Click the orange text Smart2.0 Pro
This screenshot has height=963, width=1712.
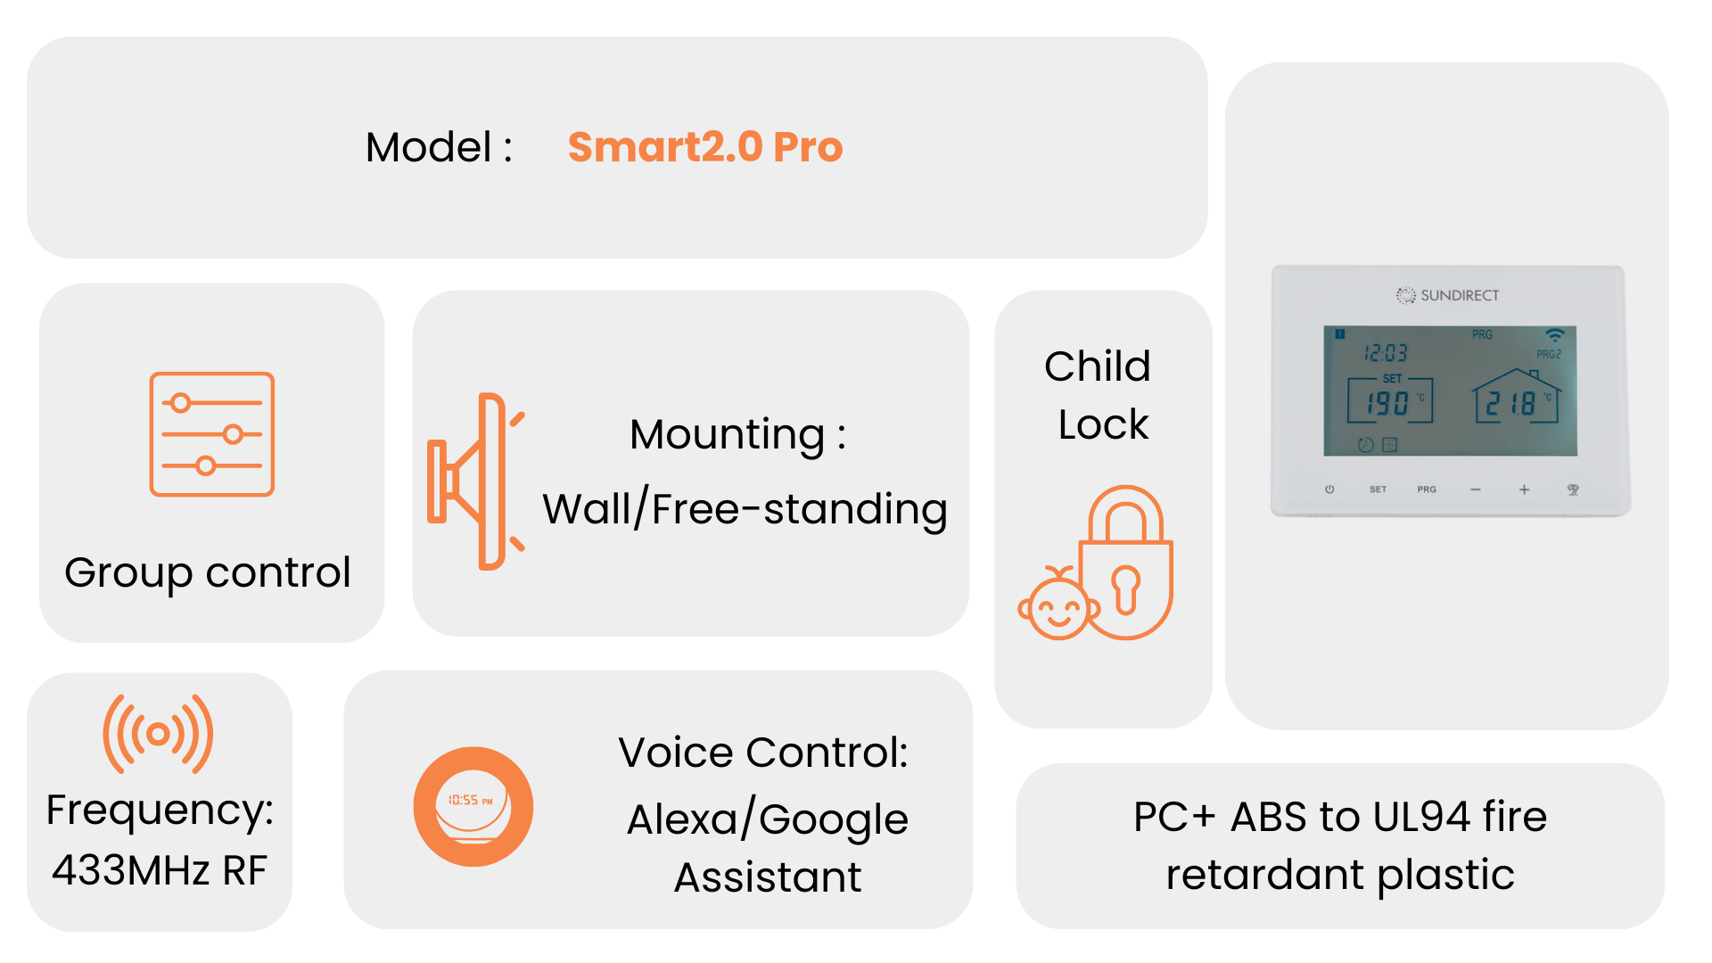click(705, 147)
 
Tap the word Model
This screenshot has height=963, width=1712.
click(429, 147)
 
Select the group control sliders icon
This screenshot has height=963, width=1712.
click(212, 434)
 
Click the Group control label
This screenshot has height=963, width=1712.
click(208, 573)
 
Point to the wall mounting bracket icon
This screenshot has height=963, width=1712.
click(476, 481)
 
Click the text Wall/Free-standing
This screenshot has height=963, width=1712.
click(745, 509)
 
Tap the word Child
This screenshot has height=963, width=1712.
click(1098, 366)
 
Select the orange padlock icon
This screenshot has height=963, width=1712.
click(1126, 562)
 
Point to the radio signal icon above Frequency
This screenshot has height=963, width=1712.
click(158, 734)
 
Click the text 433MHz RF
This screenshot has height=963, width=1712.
click(160, 870)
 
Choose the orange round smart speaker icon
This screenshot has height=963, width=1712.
click(473, 807)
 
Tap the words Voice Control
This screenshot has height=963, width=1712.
click(763, 753)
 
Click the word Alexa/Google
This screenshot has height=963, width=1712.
click(768, 819)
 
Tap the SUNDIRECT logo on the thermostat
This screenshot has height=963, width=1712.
click(1448, 295)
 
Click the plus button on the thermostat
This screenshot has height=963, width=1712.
click(1525, 490)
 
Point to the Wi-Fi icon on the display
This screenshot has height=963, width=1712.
click(1555, 335)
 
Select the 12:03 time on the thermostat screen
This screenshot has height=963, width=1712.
click(1386, 354)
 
